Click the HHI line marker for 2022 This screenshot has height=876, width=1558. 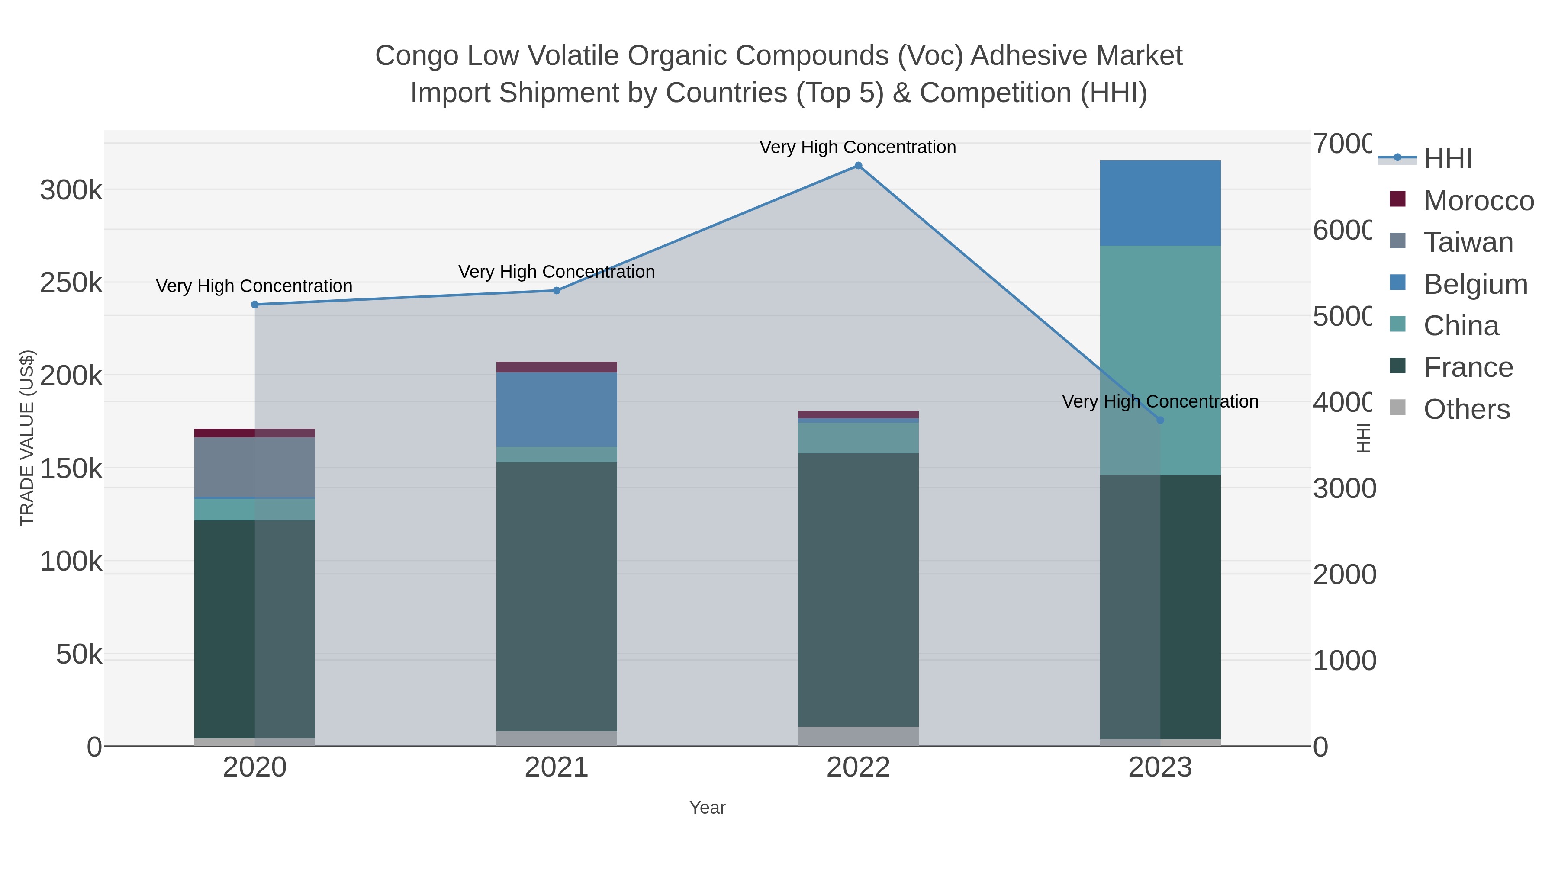coord(858,166)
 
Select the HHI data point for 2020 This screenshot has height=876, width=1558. coord(254,305)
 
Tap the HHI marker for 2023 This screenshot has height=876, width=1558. coord(1160,420)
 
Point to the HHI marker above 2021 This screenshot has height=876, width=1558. coord(557,291)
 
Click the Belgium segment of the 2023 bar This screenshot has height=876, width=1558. coord(1160,203)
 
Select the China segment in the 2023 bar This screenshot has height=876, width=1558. coord(1160,360)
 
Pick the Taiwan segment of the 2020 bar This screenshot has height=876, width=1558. coord(254,467)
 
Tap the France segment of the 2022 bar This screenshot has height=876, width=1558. coord(858,590)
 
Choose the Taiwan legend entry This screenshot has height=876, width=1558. coord(1468,242)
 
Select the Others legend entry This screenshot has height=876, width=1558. coord(1466,409)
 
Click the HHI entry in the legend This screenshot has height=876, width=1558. coord(1447,159)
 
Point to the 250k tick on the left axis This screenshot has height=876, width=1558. coord(71,283)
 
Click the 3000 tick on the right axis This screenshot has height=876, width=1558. coord(1344,488)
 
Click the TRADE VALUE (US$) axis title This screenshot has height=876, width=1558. coord(27,438)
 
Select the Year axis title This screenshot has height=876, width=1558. coord(707,808)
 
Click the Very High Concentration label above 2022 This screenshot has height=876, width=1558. coord(858,147)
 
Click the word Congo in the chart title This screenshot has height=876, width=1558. coord(417,56)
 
